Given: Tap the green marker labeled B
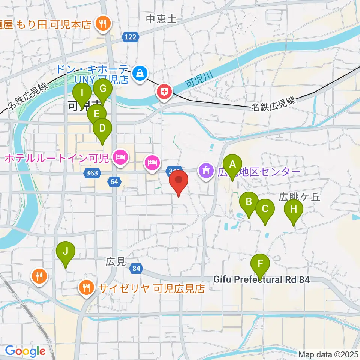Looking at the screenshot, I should click(249, 202).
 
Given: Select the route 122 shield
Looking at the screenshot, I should click(130, 37).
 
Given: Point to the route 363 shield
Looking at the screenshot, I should click(92, 173).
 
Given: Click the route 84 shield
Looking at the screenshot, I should click(137, 268).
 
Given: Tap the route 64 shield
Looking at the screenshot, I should click(114, 182).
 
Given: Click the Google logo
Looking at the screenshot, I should click(25, 351).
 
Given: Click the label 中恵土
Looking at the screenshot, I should click(161, 18).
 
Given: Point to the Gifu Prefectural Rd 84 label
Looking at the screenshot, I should click(262, 280).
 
